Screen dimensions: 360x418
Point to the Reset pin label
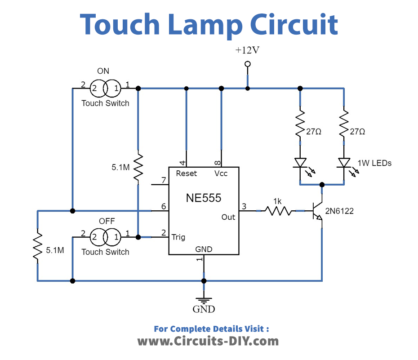(185, 173)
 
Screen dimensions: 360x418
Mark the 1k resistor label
(276, 201)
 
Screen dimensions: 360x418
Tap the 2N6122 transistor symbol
(318, 212)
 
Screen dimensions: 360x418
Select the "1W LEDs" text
(375, 165)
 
